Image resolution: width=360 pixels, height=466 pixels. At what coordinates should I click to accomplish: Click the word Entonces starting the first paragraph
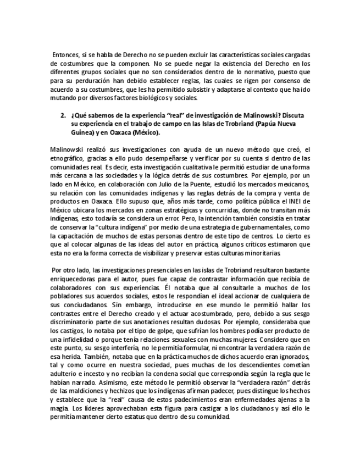click(x=65, y=56)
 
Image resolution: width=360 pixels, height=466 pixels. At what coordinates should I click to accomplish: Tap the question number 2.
click(x=63, y=116)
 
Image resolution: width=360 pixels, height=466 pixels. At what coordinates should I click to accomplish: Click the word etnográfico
click(x=68, y=158)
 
